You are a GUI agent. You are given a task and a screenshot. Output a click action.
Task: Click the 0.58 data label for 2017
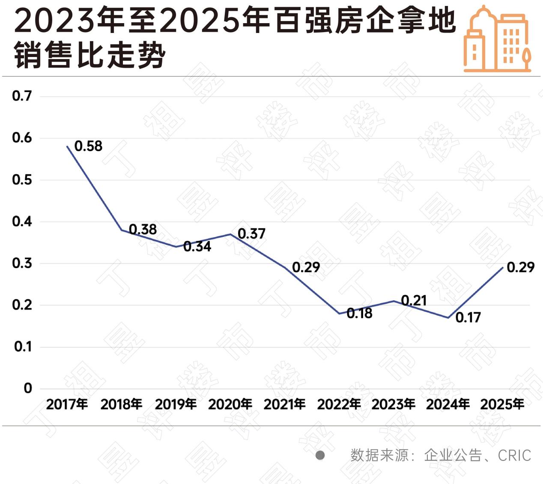pos(89,146)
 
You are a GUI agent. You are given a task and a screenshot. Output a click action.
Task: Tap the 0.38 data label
pos(143,230)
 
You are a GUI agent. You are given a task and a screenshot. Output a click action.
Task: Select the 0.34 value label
pos(197,246)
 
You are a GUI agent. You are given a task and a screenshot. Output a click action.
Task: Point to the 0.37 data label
pos(252,234)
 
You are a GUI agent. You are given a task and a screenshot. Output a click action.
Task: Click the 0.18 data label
pos(359,314)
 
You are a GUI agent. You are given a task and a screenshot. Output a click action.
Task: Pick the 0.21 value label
pos(414,301)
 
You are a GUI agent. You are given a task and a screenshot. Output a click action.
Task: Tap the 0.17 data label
pos(468,317)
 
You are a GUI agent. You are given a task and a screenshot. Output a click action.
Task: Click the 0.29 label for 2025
pos(521,267)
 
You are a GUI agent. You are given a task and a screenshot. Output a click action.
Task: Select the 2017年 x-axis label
pos(67,404)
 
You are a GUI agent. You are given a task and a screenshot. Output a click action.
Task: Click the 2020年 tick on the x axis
pos(230,404)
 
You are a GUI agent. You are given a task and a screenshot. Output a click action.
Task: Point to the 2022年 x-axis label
pos(339,404)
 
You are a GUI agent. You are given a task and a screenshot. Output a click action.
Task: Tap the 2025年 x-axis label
pos(502,404)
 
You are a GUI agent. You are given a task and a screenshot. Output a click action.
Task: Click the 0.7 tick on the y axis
pos(22,96)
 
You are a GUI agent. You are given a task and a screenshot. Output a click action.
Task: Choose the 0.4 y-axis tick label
pos(22,221)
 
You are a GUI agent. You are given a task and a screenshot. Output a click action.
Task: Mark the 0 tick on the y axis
pos(28,388)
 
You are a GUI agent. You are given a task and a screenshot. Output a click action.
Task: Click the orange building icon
pos(498,39)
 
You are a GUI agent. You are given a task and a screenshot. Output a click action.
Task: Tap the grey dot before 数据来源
pos(320,455)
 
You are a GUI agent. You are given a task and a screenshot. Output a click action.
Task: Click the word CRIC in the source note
pos(514,455)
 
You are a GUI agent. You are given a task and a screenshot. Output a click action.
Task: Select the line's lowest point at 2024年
pos(448,317)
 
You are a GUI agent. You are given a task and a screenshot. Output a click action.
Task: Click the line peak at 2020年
pos(230,234)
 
